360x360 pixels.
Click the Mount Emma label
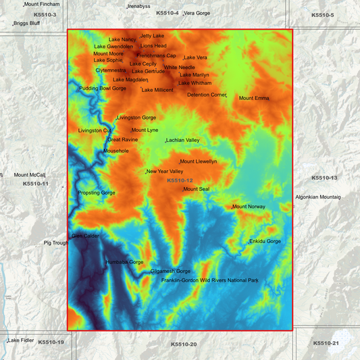(254, 99)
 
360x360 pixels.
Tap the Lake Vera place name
(196, 58)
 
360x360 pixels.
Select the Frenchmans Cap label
(156, 56)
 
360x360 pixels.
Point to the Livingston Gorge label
(136, 118)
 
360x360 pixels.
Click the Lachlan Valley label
(183, 140)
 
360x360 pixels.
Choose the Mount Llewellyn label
(199, 162)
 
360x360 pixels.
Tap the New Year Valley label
(165, 172)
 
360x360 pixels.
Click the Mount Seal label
(197, 189)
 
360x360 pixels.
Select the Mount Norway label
(249, 207)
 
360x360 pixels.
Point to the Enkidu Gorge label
(265, 241)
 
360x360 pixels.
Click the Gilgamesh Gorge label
(170, 272)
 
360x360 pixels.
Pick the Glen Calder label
(85, 236)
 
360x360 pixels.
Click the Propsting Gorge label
(97, 193)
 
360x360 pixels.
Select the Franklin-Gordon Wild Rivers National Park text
(210, 280)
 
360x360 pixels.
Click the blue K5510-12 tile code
(180, 180)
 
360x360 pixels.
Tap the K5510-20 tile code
(184, 344)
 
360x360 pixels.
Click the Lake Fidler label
(21, 340)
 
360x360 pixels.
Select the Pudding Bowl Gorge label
(103, 88)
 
